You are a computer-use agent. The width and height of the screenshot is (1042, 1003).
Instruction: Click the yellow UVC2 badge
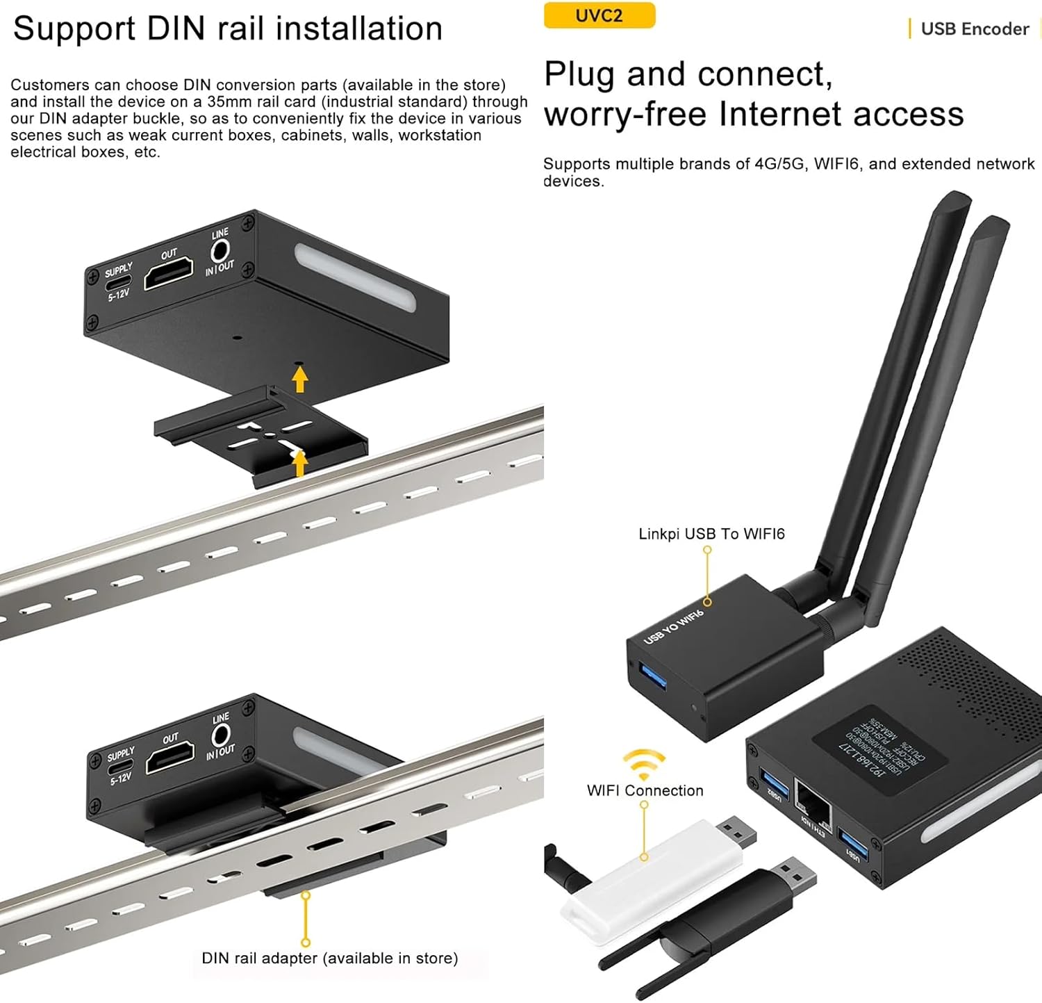tap(599, 15)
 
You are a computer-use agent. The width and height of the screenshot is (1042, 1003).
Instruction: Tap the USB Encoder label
tap(974, 29)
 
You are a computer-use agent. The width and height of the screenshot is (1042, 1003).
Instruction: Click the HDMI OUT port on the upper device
tap(168, 273)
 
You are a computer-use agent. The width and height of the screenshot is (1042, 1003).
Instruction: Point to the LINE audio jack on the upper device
tap(220, 250)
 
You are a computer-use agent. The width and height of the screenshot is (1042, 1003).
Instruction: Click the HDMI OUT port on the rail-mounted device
tap(169, 758)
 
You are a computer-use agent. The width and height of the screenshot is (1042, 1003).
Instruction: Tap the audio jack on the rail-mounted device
tap(221, 734)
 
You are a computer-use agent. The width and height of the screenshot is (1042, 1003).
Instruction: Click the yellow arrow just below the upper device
tap(299, 380)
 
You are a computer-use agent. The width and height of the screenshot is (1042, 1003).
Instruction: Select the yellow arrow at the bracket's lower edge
tap(299, 464)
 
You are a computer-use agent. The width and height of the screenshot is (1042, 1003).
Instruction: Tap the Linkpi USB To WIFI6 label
tap(711, 534)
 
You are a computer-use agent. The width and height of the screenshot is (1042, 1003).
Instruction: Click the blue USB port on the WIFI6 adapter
tap(653, 676)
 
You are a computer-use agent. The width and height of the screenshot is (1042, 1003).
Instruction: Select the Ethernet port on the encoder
tap(813, 805)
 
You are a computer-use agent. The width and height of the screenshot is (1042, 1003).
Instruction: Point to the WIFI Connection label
tap(645, 790)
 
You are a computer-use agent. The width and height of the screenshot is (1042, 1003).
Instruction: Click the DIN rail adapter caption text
tap(329, 958)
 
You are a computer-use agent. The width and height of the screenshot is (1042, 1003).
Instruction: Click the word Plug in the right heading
tap(579, 75)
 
